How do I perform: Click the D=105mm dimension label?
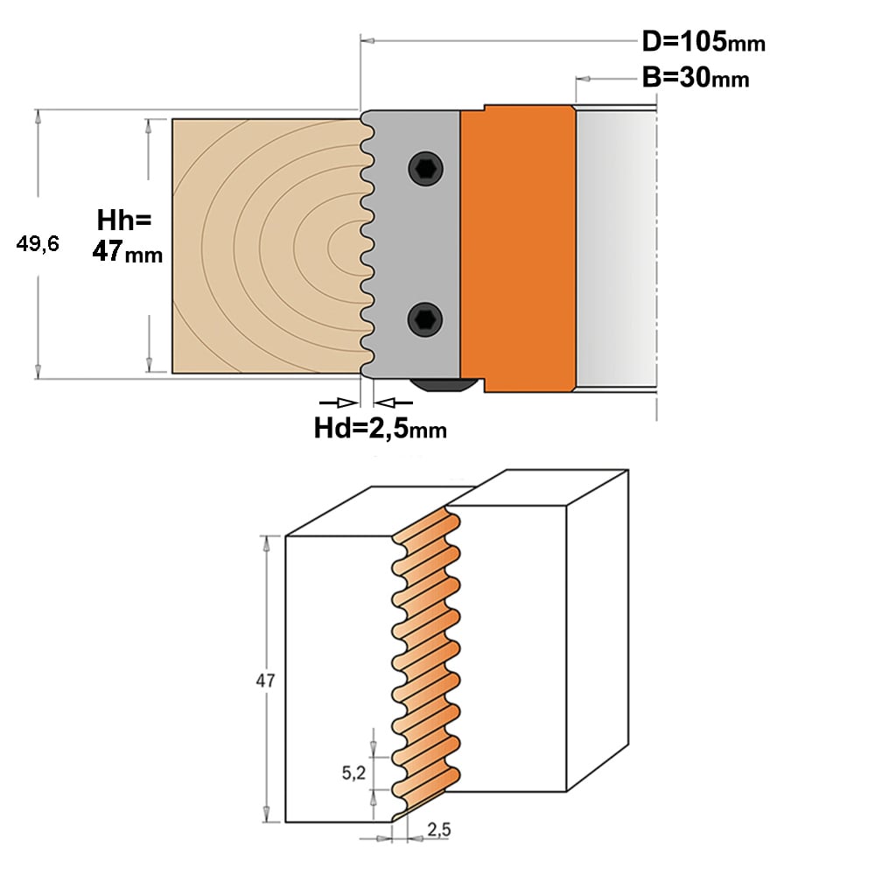[703, 41]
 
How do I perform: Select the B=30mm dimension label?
[696, 77]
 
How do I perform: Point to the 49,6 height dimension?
[38, 244]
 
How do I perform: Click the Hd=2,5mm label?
[380, 428]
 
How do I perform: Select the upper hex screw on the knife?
[425, 168]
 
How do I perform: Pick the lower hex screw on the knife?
[425, 319]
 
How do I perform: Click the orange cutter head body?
[518, 248]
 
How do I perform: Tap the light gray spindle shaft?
[616, 248]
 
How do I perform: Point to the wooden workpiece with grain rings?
[268, 246]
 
